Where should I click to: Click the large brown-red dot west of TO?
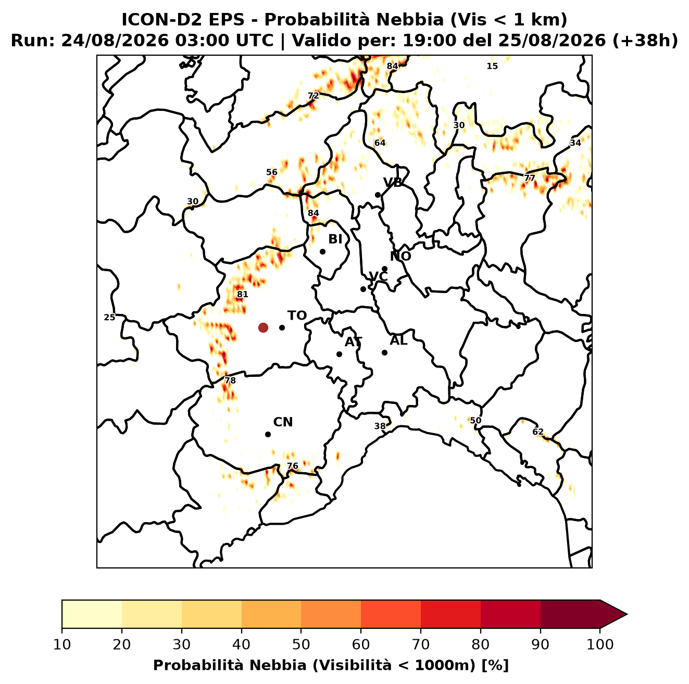pos(263,327)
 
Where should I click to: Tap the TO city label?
pos(297,316)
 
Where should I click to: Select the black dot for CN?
pos(268,435)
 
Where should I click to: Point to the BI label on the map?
pos(335,239)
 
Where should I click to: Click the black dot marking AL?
pos(384,352)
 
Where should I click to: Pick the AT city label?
pos(353,342)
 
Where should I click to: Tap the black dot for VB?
pos(378,195)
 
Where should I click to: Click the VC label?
pos(378,277)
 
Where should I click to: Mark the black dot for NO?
pos(384,269)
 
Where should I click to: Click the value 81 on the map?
pos(242,295)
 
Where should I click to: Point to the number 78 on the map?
pos(230,381)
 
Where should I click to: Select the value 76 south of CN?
pos(293,466)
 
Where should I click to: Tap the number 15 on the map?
pos(492,66)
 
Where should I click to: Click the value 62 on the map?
pos(538,432)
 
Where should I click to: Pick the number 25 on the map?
pos(109,318)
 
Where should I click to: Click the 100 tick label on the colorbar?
pos(600,644)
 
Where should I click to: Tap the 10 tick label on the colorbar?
pos(62,644)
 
